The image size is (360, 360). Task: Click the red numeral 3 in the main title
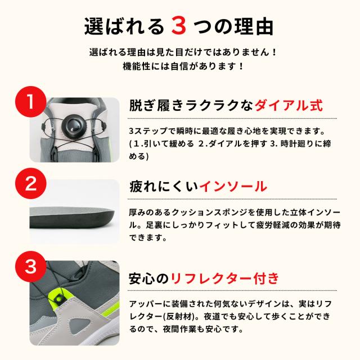pos(179,26)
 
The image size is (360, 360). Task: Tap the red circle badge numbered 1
pos(31,102)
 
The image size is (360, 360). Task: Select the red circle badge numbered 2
pos(31,183)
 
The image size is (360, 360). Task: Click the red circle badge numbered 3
pos(31,266)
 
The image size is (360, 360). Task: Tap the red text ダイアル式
pos(289,106)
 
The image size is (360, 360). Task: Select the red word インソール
pos(233,186)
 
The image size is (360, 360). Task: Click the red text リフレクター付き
pos(224,278)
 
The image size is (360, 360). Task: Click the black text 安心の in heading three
pos(149,278)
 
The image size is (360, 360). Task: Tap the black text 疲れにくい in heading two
pos(164,186)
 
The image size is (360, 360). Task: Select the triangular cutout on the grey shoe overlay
pos(80,324)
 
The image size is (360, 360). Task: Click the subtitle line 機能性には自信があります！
pos(183,66)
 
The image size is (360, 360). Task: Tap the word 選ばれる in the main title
pos(124,26)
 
